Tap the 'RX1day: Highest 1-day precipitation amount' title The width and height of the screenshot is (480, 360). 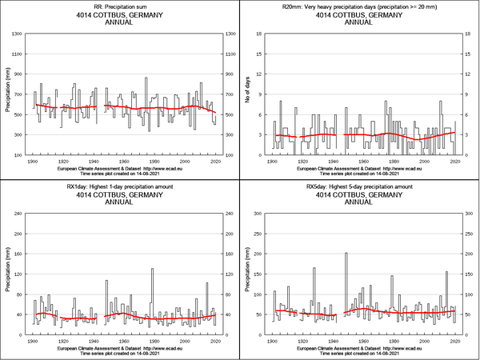coord(120,186)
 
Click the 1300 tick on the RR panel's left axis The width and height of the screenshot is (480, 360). coord(17,33)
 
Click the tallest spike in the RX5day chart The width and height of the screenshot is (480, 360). coord(346,254)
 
